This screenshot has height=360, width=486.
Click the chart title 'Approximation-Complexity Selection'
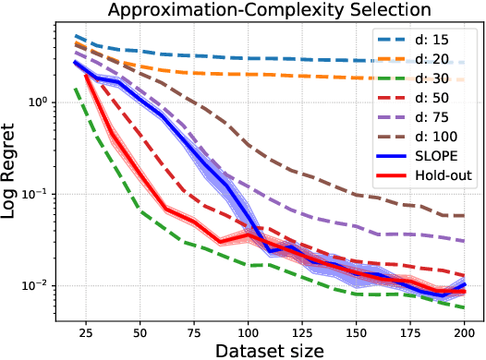pyautogui.click(x=267, y=10)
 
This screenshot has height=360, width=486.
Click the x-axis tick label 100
pyautogui.click(x=247, y=327)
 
